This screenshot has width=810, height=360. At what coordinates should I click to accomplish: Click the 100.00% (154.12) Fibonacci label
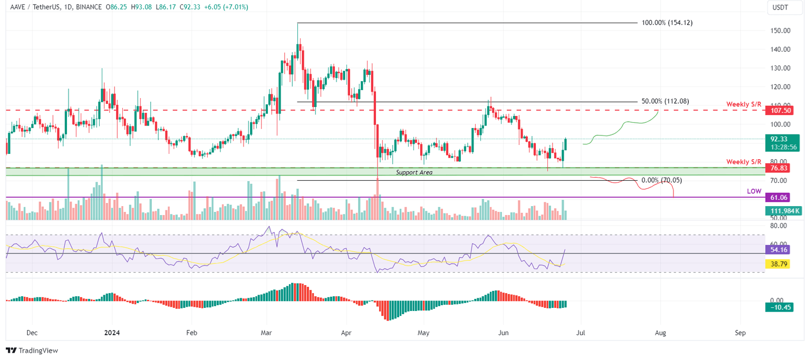[x=667, y=23]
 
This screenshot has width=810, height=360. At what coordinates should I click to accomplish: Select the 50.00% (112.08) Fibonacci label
[x=665, y=101]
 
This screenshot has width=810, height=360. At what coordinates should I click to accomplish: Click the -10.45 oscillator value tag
[x=779, y=307]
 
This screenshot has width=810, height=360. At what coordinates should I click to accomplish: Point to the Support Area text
[x=414, y=172]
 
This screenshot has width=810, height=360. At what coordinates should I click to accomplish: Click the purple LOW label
[x=754, y=191]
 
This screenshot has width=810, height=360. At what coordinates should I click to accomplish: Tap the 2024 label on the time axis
[x=112, y=333]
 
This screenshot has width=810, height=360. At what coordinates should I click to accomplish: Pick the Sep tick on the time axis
[x=740, y=333]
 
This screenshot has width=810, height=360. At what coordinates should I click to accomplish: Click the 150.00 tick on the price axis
[x=779, y=31]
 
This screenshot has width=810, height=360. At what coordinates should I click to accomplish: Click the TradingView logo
[x=32, y=351]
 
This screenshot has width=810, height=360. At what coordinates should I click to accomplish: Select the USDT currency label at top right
[x=780, y=8]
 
